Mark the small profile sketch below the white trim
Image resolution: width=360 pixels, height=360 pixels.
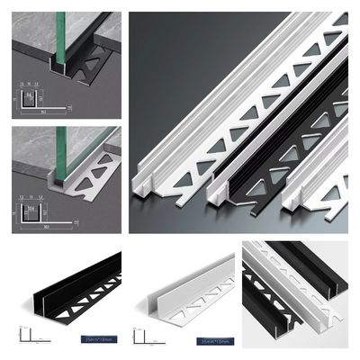[x=144, y=337]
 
